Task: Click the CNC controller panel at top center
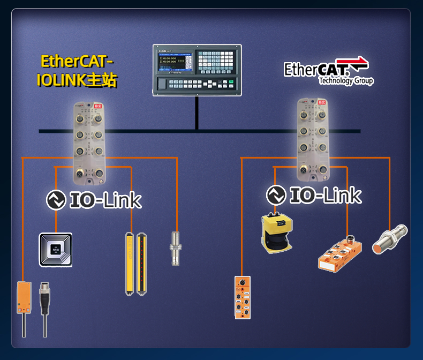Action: tap(197, 70)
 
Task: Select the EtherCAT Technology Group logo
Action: tap(328, 71)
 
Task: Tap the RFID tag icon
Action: tap(56, 250)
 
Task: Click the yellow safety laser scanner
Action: tap(277, 232)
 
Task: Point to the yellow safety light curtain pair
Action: tap(135, 263)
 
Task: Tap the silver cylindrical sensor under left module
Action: tap(175, 247)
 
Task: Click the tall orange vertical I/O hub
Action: tap(242, 297)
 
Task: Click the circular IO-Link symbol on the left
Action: tap(56, 200)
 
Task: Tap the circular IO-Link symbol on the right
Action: tap(276, 195)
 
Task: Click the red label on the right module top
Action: tap(321, 101)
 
